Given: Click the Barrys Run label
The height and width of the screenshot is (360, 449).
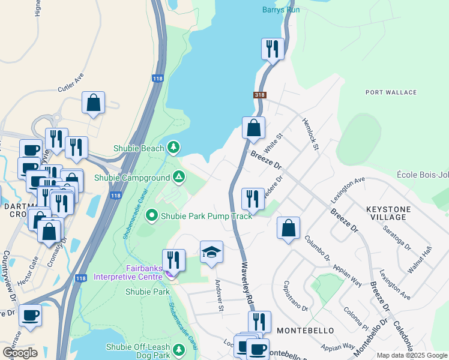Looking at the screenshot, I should [x=281, y=10].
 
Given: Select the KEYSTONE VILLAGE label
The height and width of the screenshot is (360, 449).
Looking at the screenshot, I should [x=388, y=213].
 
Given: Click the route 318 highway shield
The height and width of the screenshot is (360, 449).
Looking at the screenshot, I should [x=259, y=95].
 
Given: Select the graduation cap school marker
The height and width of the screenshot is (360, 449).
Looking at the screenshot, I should [x=211, y=252].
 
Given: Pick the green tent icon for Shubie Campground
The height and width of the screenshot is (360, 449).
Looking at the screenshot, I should [x=178, y=177].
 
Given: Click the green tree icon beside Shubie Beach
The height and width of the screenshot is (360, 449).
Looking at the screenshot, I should [x=173, y=146].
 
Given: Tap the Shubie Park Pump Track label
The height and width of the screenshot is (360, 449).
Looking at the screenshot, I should [x=206, y=215].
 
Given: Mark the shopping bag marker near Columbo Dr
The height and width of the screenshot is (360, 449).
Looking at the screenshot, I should [x=289, y=228].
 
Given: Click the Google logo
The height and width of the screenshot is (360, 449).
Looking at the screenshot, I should [x=20, y=352].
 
